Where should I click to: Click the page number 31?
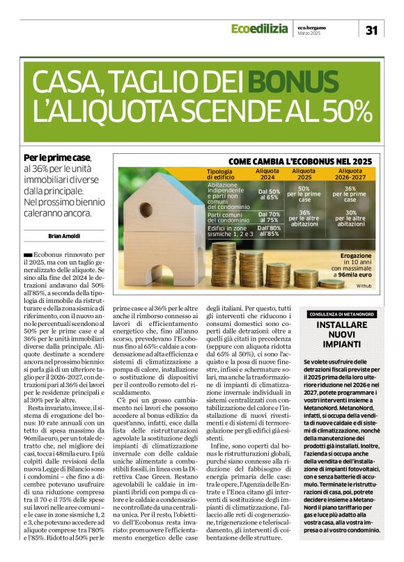point(371,29)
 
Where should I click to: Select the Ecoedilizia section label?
point(258,29)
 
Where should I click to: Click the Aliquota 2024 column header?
point(268,173)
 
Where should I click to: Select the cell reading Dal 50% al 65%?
point(268,194)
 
